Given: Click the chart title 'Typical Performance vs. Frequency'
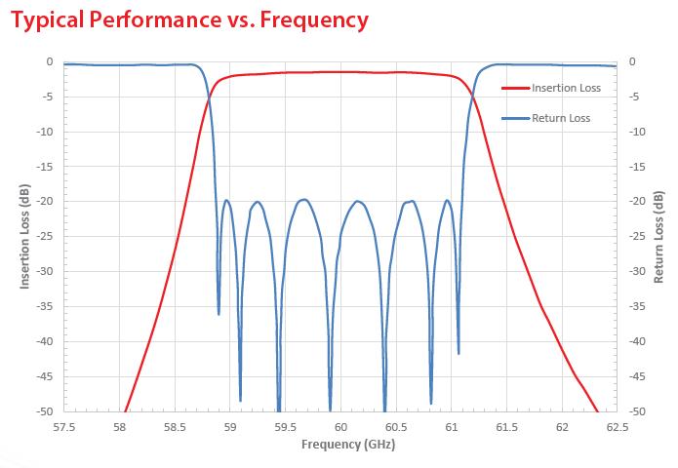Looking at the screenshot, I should (x=189, y=19).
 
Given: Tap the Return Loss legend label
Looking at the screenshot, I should (x=561, y=118).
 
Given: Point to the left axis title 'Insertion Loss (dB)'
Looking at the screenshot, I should (x=25, y=237).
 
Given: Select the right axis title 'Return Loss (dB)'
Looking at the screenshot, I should (x=659, y=237).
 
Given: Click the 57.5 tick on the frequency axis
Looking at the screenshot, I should (x=65, y=425).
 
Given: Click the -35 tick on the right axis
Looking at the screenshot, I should (x=637, y=306).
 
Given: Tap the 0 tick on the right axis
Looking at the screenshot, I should (x=633, y=61).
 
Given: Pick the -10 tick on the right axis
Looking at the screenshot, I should (x=637, y=132).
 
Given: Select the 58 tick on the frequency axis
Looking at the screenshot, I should (x=120, y=425).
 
